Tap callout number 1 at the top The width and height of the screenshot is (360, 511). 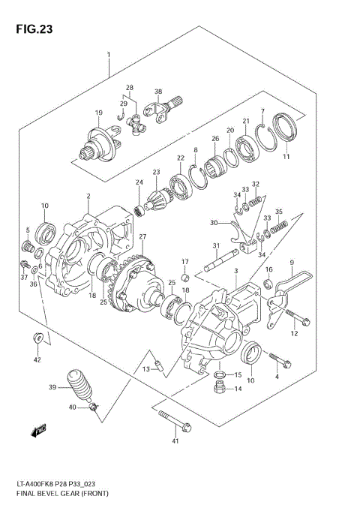pyautogui.click(x=108, y=55)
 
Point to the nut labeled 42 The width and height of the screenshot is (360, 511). pyautogui.click(x=36, y=338)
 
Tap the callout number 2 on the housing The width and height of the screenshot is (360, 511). pyautogui.click(x=88, y=197)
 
